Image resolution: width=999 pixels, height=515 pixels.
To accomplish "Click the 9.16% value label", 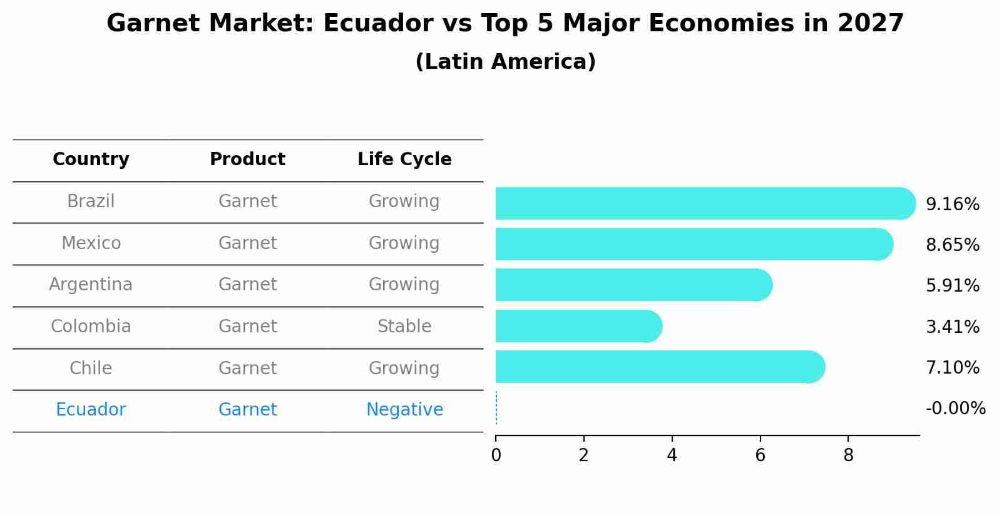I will click(952, 205).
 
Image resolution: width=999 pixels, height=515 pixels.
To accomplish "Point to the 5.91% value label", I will click(952, 286).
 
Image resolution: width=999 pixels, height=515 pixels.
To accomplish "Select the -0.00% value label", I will click(955, 409).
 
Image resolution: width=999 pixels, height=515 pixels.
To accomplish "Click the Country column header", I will click(91, 160).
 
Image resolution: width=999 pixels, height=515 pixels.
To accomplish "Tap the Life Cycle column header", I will click(404, 160).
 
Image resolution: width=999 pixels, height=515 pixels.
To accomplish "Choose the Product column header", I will click(247, 160).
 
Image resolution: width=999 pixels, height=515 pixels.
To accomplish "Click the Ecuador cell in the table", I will click(91, 410).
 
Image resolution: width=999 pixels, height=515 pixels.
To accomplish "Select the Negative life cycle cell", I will click(404, 410).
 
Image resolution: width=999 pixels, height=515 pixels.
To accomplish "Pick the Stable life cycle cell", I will click(404, 327).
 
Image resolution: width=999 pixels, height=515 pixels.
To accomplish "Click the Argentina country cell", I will click(91, 285).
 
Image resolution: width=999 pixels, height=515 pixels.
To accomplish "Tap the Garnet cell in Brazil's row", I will click(247, 201).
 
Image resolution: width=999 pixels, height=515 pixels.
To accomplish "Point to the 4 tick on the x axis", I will click(672, 456).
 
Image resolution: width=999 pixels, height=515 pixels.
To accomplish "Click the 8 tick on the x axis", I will click(848, 456).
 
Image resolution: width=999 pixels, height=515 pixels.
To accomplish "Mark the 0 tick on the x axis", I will click(496, 456).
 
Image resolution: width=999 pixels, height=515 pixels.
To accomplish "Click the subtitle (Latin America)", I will click(505, 62).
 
